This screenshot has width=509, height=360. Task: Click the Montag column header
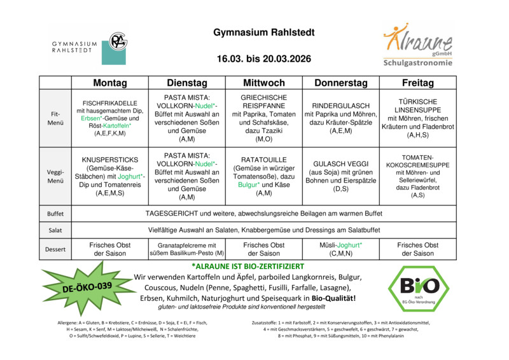[x=109, y=83]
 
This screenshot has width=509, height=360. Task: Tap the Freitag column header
[x=418, y=83]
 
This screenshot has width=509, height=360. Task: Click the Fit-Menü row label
[x=55, y=118]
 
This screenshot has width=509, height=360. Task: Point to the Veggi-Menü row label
[x=55, y=176]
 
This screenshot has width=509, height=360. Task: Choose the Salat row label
[x=55, y=230]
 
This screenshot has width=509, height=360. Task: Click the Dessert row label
[x=55, y=249]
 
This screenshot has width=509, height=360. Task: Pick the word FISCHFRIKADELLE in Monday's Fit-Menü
[x=110, y=103]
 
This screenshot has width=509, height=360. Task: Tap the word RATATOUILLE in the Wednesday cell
[x=264, y=160]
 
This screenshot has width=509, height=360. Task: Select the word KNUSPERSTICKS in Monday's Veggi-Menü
[x=110, y=160]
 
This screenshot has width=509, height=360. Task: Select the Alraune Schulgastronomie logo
[x=418, y=45]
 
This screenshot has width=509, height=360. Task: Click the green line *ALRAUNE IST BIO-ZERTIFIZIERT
[x=248, y=266]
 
